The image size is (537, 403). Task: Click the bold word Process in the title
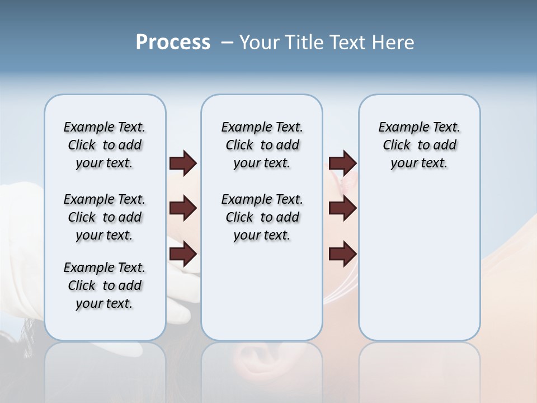tap(173, 43)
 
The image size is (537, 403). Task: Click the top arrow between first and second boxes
tap(183, 163)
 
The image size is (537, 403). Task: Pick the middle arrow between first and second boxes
tap(183, 208)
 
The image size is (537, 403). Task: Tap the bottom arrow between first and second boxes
tap(183, 254)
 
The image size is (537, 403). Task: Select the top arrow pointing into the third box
tap(342, 163)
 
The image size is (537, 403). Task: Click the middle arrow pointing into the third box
tap(342, 208)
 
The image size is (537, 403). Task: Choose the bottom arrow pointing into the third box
tap(342, 254)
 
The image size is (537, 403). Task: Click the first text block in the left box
tap(105, 145)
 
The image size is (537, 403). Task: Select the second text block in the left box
tap(105, 217)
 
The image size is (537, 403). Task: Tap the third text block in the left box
tap(105, 285)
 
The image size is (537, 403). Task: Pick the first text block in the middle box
tap(262, 145)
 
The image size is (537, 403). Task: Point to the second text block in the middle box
tap(262, 217)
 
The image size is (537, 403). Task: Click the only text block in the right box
tap(419, 145)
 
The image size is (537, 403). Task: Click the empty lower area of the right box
tap(419, 263)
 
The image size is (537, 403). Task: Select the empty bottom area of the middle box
tap(262, 297)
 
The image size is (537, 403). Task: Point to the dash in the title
tap(227, 43)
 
